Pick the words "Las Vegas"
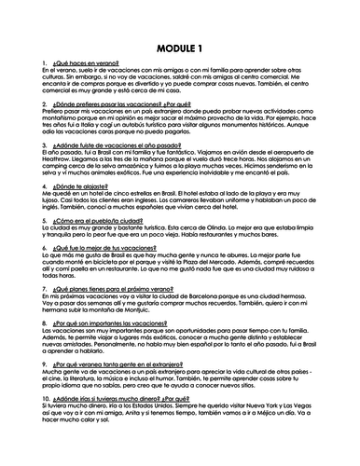(320, 419)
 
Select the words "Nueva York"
(279, 419)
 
